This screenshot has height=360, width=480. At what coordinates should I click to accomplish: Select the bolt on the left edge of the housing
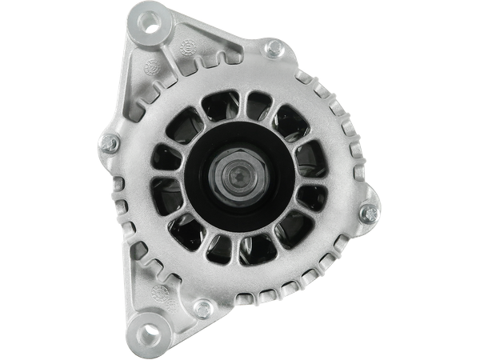(x=110, y=144)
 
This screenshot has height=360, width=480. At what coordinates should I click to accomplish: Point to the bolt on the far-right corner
(x=367, y=213)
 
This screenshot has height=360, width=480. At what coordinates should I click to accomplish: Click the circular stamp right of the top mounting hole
(x=189, y=46)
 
